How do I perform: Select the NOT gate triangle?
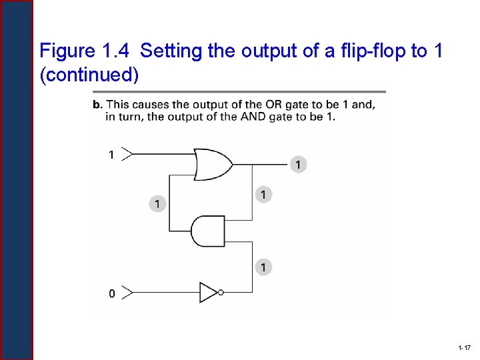tap(209, 292)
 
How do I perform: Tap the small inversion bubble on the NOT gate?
tap(220, 292)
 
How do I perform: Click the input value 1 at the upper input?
tap(111, 155)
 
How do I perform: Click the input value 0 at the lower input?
tap(111, 293)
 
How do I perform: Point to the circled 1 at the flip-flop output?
tap(298, 164)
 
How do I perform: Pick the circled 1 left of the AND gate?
tap(157, 203)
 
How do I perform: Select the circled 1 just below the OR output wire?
tap(263, 195)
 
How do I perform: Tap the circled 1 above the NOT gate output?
tap(263, 267)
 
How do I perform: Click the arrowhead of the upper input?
tap(128, 154)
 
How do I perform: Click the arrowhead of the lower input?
tap(128, 292)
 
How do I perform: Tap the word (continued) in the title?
tap(89, 75)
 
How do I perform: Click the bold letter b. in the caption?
tap(98, 105)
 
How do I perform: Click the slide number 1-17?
tap(465, 349)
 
